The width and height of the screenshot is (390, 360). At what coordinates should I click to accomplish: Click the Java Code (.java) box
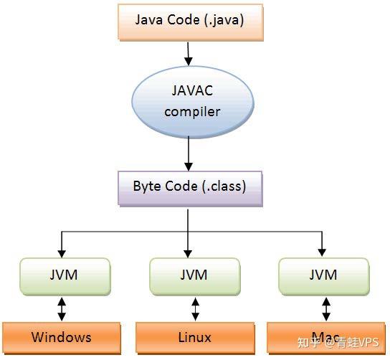click(191, 22)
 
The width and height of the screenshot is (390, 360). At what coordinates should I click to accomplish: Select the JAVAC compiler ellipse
click(193, 102)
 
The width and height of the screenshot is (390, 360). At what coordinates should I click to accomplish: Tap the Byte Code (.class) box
click(190, 189)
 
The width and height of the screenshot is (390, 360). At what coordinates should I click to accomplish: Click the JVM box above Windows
click(65, 277)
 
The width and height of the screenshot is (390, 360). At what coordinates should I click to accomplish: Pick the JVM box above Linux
click(195, 277)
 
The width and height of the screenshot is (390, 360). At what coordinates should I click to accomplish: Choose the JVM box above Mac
click(324, 277)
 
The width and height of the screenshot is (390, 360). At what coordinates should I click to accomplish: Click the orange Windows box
click(62, 338)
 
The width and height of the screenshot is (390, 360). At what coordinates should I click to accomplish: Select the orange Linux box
click(195, 338)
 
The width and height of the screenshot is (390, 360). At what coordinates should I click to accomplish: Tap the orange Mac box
click(326, 338)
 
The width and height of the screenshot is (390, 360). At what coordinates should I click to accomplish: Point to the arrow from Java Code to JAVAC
click(189, 54)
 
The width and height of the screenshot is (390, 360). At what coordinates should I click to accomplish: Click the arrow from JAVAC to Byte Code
click(189, 153)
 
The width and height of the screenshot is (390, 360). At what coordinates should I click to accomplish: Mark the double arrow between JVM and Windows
click(62, 309)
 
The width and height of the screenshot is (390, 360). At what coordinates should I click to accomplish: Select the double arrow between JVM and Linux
click(196, 309)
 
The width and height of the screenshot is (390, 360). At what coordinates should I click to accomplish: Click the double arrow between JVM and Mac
click(326, 309)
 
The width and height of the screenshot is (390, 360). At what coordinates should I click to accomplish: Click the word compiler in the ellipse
click(192, 112)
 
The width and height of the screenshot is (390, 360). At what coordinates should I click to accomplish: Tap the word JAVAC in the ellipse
click(192, 90)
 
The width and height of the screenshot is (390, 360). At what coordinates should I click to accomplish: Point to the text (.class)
click(224, 186)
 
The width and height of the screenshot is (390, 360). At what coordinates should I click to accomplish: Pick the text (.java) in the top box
click(224, 20)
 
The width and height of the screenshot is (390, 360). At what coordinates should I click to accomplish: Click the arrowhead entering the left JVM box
click(62, 254)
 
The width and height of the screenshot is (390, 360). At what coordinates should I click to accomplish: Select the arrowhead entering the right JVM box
click(322, 252)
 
